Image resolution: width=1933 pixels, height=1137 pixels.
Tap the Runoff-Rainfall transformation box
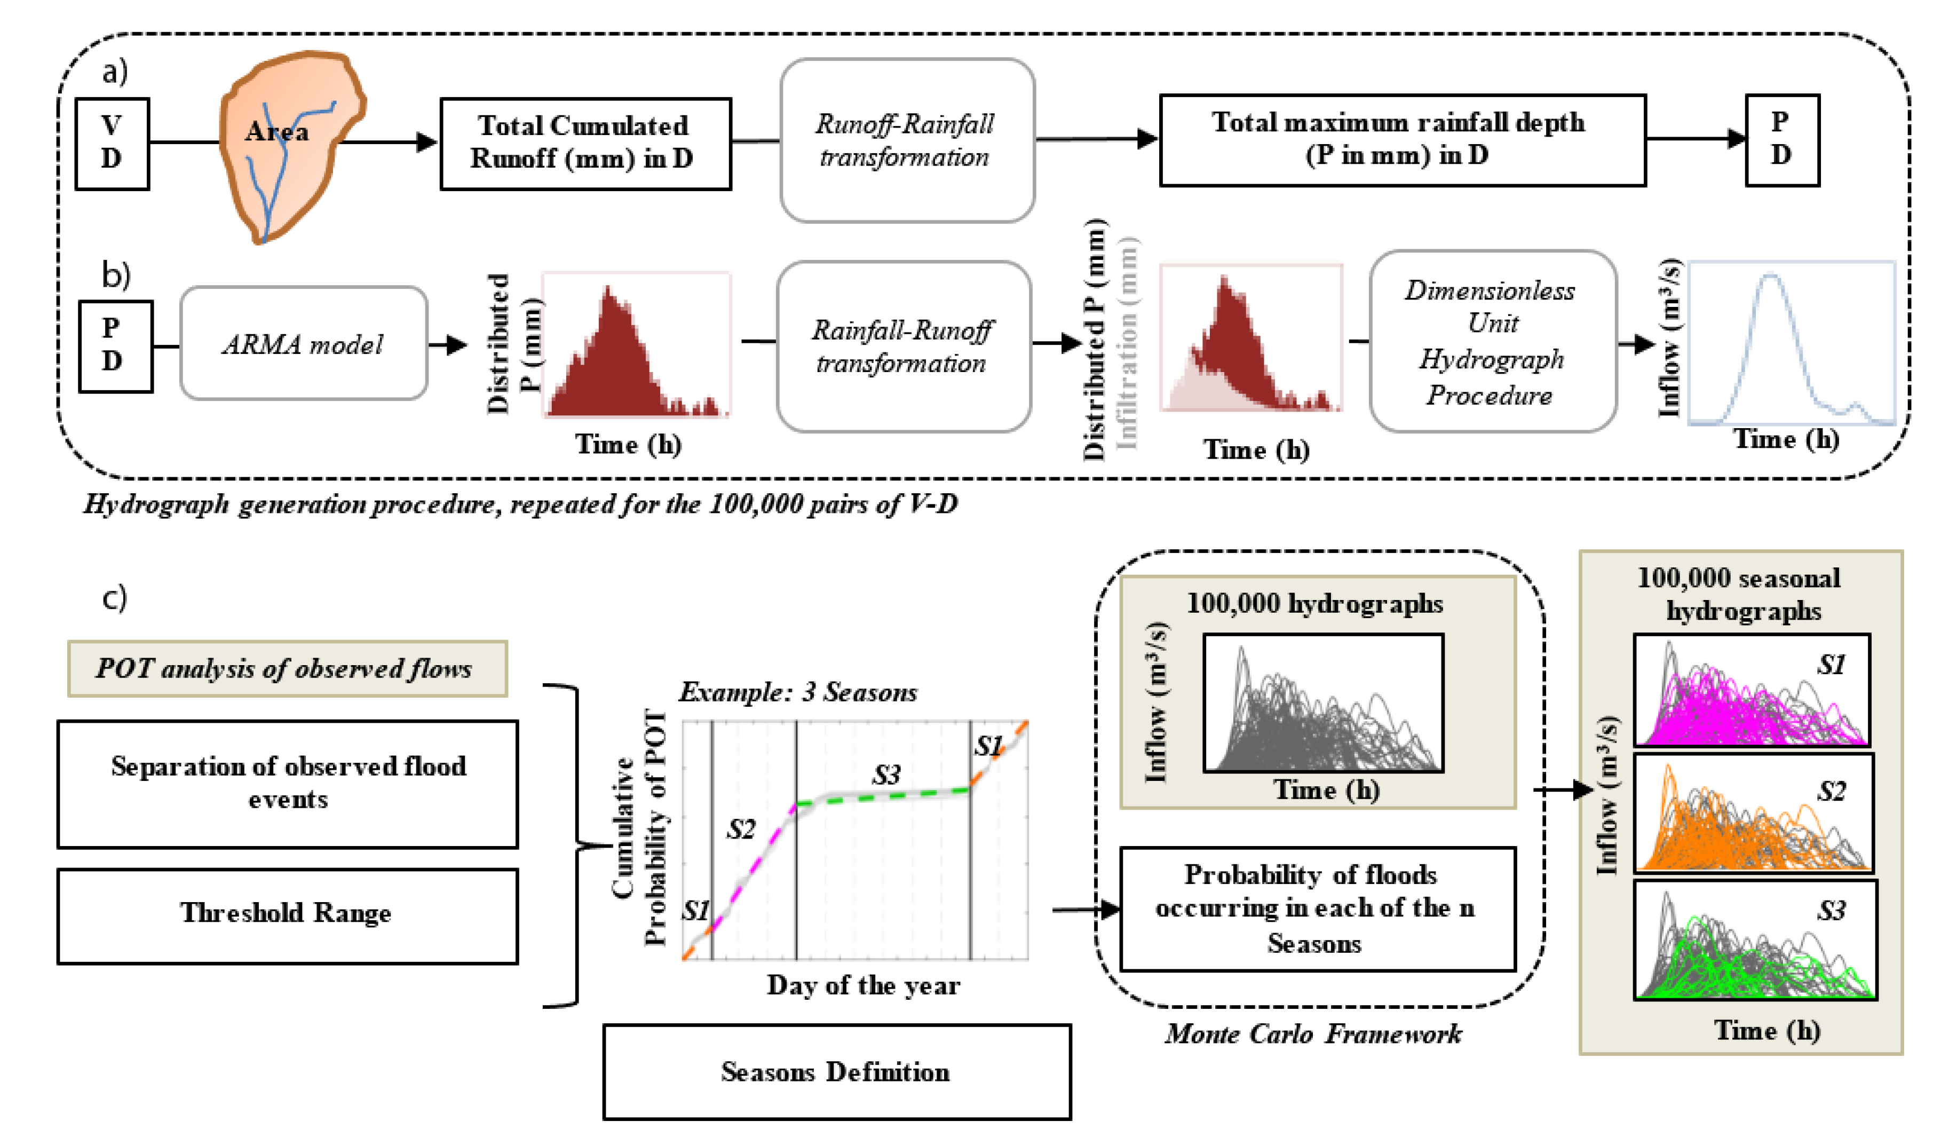tap(907, 140)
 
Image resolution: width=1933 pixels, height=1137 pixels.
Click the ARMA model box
tap(304, 344)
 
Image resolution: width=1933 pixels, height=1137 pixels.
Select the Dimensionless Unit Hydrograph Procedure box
tap(1492, 342)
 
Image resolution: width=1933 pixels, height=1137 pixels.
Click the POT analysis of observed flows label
tap(287, 668)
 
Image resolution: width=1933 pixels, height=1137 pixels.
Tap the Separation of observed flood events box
tap(288, 783)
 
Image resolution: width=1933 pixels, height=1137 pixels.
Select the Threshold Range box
tap(288, 915)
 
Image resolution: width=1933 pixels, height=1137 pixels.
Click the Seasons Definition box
tap(836, 1072)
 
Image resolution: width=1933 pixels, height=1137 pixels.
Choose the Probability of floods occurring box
tap(1317, 909)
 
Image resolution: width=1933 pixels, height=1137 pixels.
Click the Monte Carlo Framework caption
tap(1313, 1034)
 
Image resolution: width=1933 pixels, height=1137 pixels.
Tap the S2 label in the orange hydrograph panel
tap(1831, 791)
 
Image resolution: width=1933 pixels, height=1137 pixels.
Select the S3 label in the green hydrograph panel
tap(1831, 911)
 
